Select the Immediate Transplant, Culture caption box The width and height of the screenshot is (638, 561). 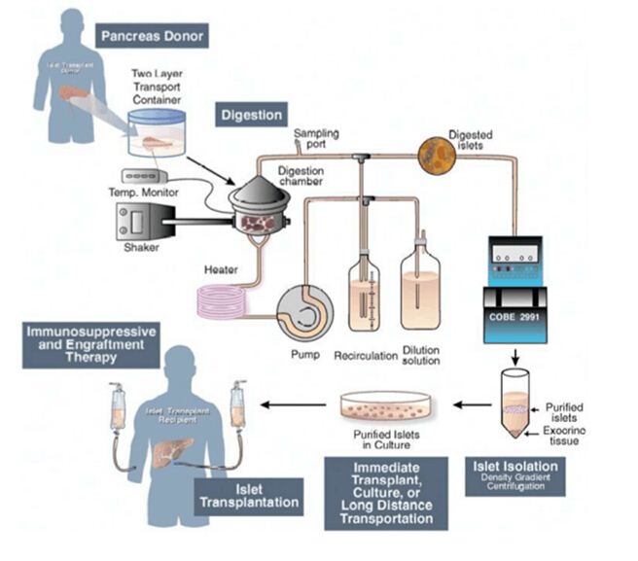point(388,494)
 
